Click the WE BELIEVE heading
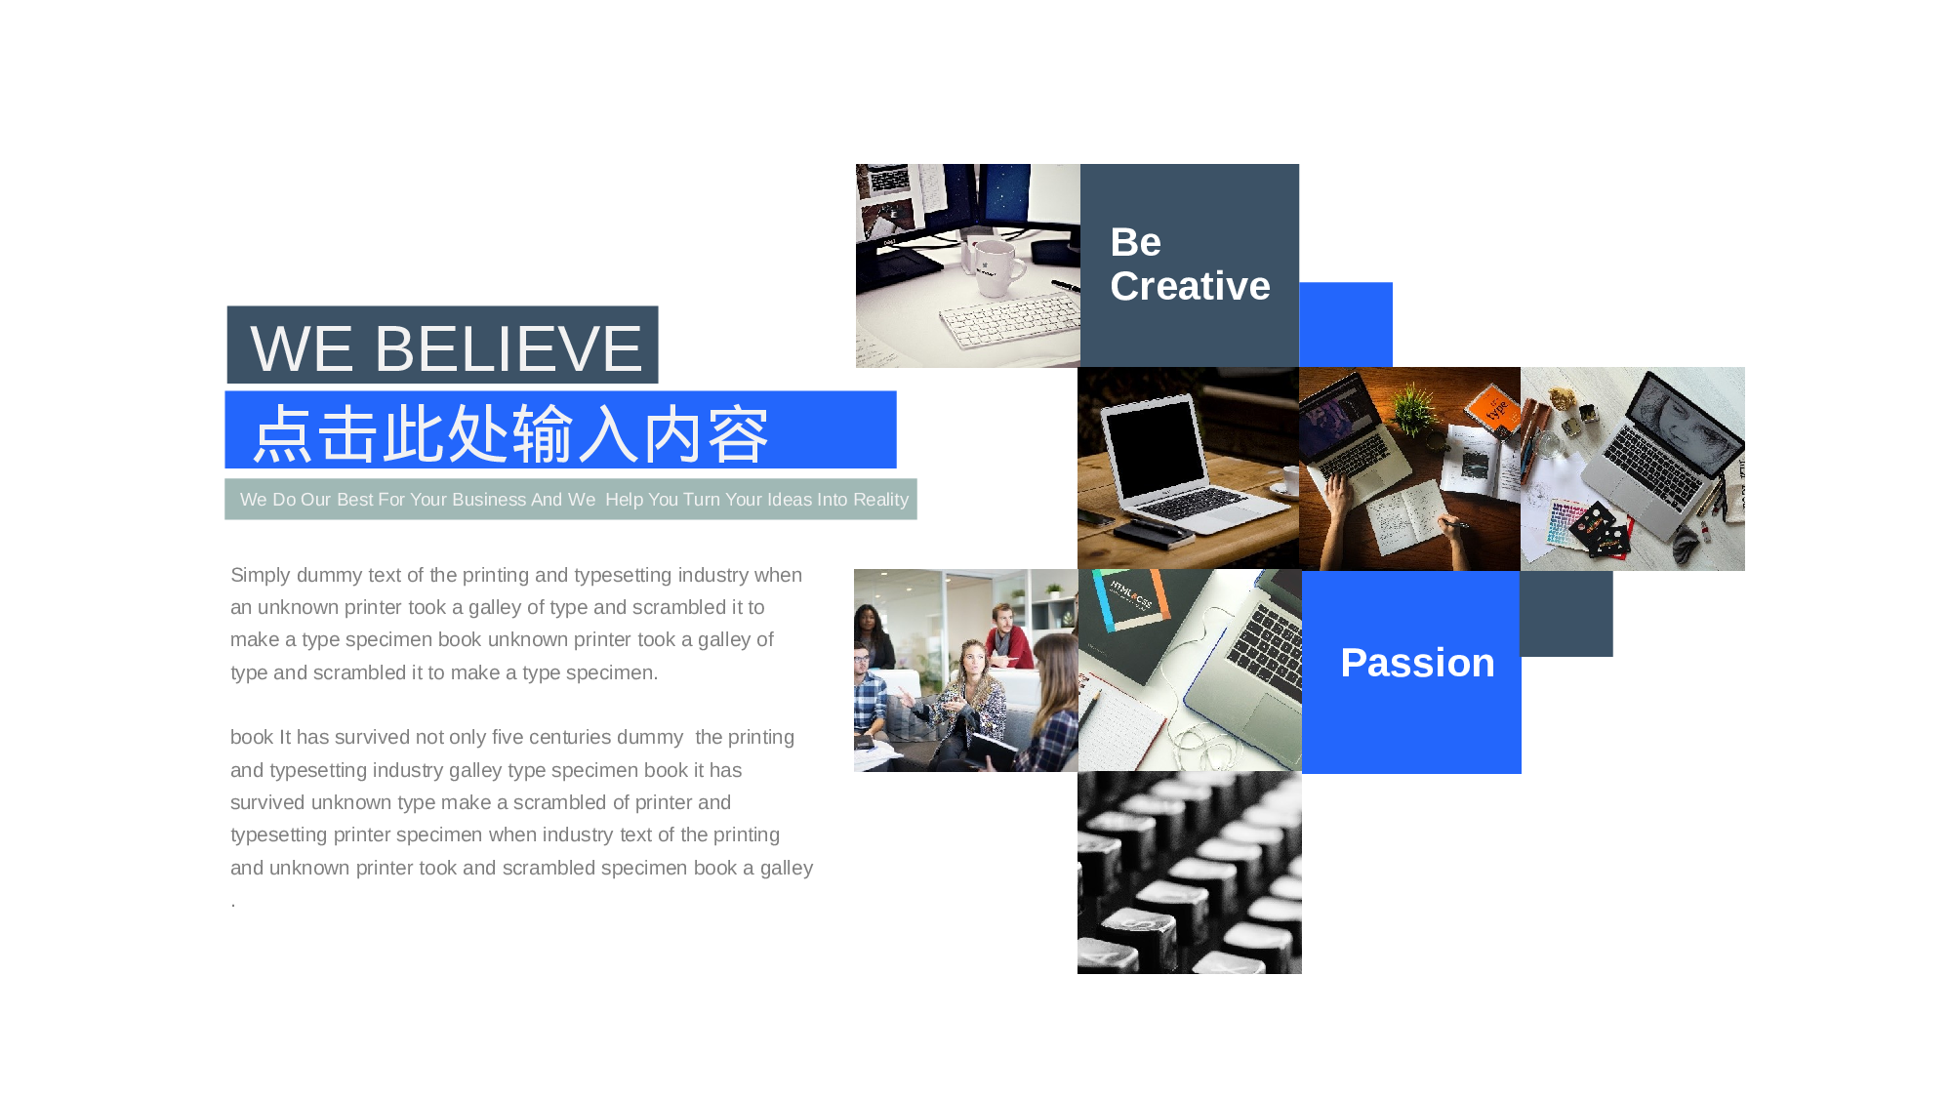tap(446, 348)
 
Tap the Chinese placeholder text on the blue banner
tap(511, 434)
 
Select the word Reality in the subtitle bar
tap(880, 500)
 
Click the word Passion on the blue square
tap(1417, 663)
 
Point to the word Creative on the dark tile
tap(1190, 286)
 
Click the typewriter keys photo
tap(1190, 873)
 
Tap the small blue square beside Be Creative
tap(1346, 325)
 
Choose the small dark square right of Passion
tap(1566, 614)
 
